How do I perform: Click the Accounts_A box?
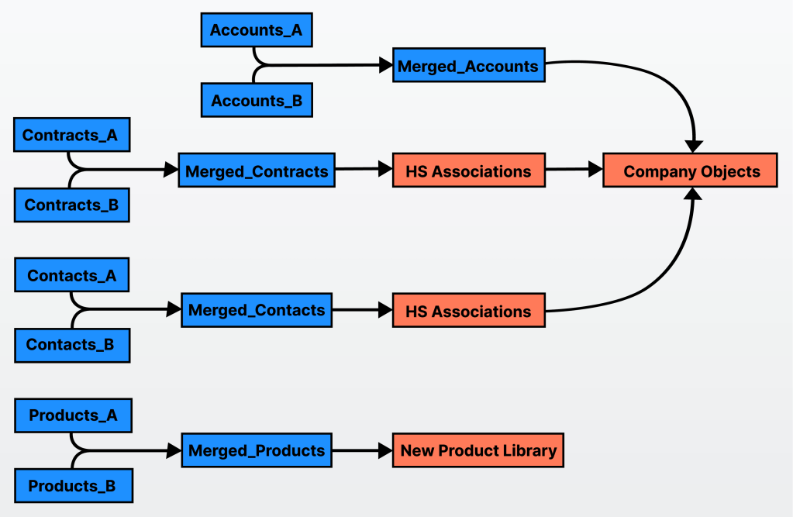(x=257, y=31)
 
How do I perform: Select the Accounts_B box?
(x=257, y=101)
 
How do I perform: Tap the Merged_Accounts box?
(x=468, y=67)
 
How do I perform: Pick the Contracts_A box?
(x=71, y=136)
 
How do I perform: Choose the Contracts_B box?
(x=72, y=205)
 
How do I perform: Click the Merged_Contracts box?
(x=257, y=171)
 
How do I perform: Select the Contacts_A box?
(x=72, y=276)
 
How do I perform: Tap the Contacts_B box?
(x=72, y=345)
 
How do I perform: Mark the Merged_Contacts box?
(x=257, y=310)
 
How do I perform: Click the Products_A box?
(x=74, y=415)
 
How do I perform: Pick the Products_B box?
(x=74, y=486)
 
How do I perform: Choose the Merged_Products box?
(x=257, y=450)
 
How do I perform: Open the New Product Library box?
(x=478, y=450)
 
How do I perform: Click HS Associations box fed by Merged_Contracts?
(x=468, y=171)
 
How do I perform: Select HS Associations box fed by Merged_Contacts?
(x=468, y=312)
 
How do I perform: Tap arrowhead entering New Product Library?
(x=386, y=450)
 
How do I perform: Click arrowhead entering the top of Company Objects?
(x=694, y=146)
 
